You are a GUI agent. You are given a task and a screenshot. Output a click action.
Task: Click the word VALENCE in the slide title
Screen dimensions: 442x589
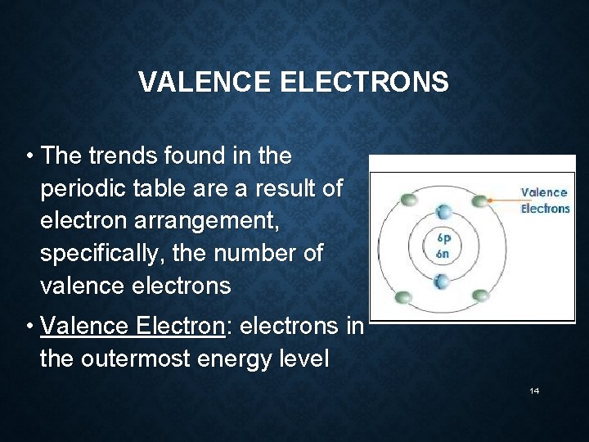205,83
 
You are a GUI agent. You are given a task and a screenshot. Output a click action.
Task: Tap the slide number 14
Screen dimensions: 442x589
534,391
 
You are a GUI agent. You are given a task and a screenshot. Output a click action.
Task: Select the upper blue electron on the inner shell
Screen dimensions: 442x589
443,210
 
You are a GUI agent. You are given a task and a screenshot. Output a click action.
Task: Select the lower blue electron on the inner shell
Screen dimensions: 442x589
443,282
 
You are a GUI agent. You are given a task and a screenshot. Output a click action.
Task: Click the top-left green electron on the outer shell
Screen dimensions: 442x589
408,199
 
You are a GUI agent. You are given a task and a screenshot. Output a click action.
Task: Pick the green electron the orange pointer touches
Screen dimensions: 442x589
479,201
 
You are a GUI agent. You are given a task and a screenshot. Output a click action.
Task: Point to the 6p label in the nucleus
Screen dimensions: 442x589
443,239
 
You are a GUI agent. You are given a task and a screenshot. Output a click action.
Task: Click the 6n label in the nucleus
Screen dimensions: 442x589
443,254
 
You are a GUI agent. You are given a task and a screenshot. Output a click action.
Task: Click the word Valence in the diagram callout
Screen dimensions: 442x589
544,192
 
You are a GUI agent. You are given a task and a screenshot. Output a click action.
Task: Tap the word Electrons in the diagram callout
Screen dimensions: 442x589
545,209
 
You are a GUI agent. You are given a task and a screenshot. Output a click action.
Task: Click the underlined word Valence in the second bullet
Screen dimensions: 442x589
85,326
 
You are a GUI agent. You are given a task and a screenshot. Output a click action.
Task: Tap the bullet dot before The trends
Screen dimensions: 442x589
29,156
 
